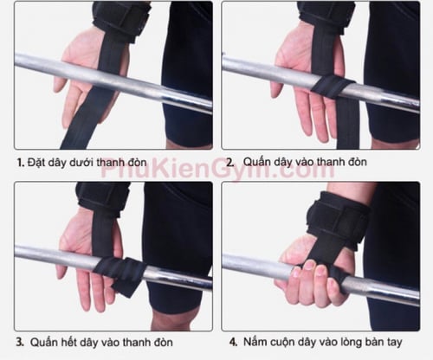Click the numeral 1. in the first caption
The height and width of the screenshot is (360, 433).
tap(20, 163)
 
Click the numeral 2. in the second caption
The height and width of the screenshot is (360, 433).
tap(230, 163)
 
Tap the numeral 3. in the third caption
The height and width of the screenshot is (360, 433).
tap(20, 343)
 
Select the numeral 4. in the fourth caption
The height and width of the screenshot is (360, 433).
tap(234, 343)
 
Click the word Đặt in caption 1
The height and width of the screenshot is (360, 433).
tap(36, 163)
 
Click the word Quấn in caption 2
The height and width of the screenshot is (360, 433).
tap(256, 162)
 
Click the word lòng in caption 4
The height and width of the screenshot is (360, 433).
tap(351, 343)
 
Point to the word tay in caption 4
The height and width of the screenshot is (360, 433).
tap(394, 343)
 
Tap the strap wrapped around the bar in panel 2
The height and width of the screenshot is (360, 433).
tap(333, 86)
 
